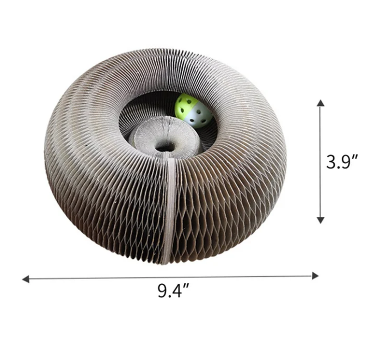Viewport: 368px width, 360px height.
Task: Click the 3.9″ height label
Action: pos(342,162)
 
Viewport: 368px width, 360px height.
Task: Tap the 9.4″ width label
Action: pos(173,291)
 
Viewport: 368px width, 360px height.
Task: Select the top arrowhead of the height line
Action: pos(321,103)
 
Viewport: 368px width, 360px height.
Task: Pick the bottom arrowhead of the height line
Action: pos(321,220)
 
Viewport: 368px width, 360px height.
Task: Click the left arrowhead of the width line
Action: pos(26,279)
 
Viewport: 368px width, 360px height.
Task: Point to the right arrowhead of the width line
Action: pos(315,276)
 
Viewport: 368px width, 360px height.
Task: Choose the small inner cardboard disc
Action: pos(164,138)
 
